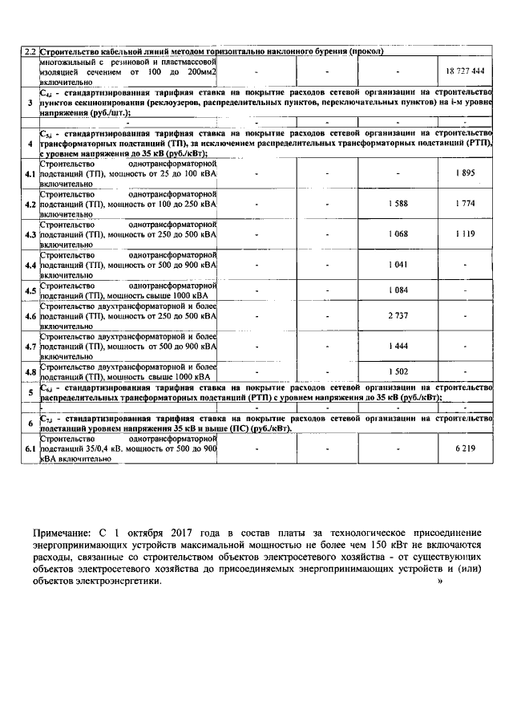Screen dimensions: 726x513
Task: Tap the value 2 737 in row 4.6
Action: click(397, 316)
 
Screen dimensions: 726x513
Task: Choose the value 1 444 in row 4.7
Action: click(397, 345)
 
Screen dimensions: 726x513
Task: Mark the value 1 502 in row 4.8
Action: click(397, 371)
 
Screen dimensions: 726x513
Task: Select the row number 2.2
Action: click(29, 52)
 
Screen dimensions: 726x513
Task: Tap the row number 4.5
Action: click(30, 290)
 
